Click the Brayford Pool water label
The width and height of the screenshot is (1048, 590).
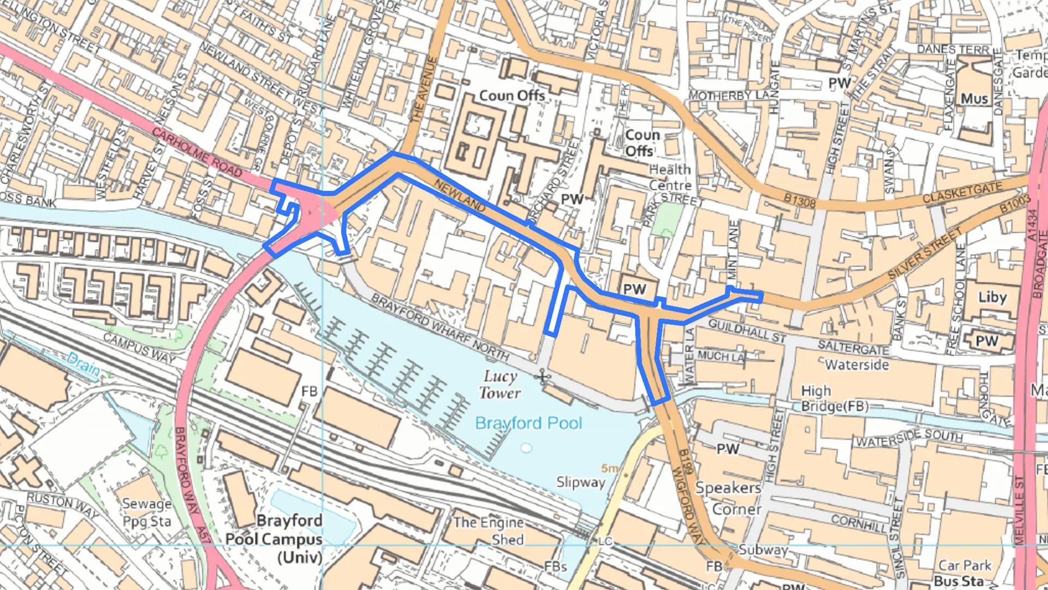[528, 423]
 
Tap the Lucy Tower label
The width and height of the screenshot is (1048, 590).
[499, 385]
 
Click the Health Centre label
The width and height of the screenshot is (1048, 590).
[670, 178]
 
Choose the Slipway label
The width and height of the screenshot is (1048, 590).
[580, 482]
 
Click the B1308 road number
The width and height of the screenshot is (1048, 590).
[799, 201]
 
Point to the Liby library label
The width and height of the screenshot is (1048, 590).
[992, 297]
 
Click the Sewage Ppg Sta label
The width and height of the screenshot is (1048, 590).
[146, 512]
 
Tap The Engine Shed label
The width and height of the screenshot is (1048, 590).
[489, 531]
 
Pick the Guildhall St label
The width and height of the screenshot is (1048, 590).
[747, 331]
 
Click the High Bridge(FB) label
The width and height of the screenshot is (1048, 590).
[834, 399]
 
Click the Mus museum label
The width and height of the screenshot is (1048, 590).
[974, 99]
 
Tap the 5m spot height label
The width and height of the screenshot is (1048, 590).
[610, 469]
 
